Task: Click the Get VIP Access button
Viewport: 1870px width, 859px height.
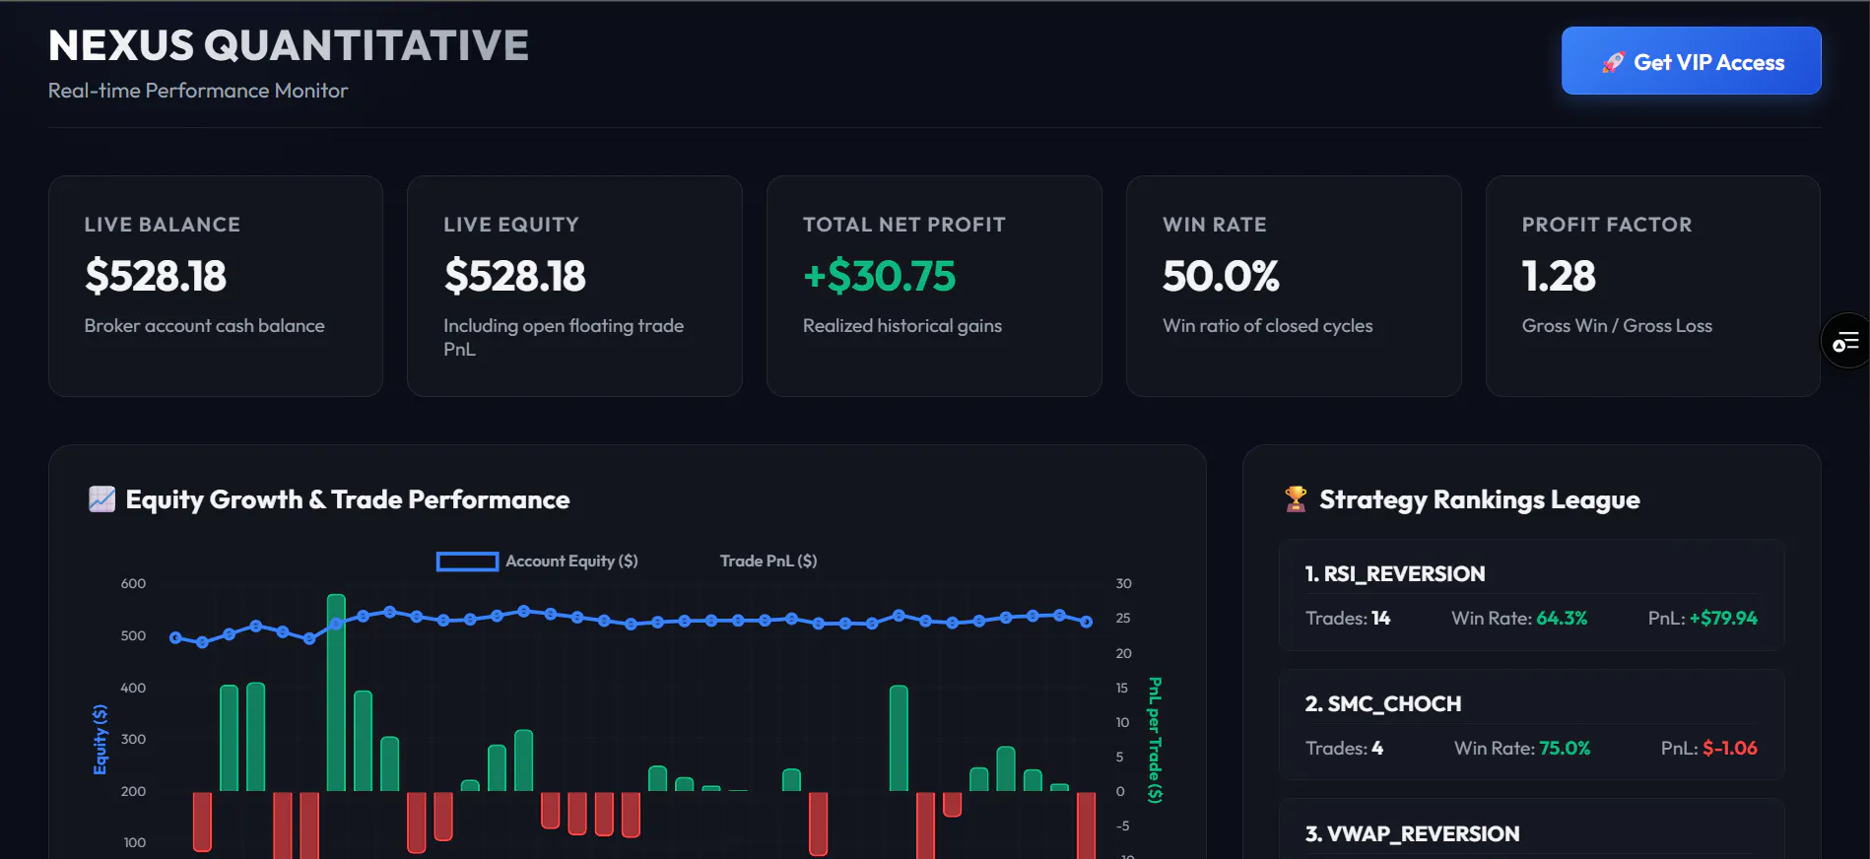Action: [1691, 61]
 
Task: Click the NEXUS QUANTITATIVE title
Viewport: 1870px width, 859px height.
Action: [289, 45]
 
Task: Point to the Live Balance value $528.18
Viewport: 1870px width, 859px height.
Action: [156, 276]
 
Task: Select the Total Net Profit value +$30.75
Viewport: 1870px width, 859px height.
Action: [879, 276]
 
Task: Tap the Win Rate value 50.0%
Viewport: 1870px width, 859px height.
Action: [1221, 276]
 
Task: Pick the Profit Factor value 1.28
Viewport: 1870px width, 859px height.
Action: [1559, 276]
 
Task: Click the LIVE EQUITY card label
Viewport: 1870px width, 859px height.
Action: [511, 225]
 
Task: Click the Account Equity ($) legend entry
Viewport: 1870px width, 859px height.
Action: [537, 562]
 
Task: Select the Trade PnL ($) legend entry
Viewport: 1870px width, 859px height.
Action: [768, 562]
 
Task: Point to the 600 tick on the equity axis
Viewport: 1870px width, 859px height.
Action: [133, 583]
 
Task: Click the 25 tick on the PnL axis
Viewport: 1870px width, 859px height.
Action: [1123, 619]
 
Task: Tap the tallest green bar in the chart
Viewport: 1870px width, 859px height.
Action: [336, 693]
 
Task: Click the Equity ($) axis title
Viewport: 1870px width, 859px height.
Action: [100, 739]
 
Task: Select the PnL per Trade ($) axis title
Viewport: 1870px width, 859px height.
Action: [1155, 740]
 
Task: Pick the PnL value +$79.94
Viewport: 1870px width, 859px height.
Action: [1723, 619]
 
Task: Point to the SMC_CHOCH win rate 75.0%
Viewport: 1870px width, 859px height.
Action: [1565, 749]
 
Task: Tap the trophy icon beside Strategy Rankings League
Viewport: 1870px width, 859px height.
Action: [1296, 499]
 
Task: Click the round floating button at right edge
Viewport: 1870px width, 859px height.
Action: [1845, 341]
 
